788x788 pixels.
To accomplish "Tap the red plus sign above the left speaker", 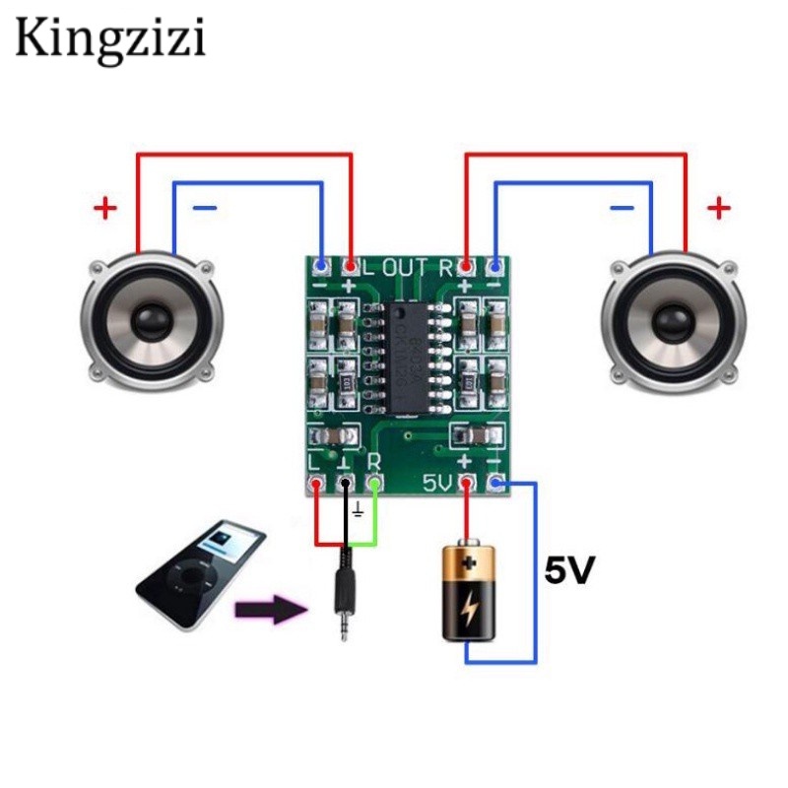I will tap(104, 208).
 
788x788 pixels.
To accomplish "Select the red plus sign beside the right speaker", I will tap(720, 208).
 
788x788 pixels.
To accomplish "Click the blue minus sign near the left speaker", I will tap(204, 209).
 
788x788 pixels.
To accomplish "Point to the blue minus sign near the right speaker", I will tap(622, 208).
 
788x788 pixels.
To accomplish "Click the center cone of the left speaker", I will tap(150, 320).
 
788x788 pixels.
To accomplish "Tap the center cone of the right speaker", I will tap(674, 320).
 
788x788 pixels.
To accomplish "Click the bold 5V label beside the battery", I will tap(570, 570).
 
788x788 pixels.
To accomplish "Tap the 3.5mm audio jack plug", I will tap(343, 591).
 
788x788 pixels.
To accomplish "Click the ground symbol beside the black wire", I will tap(359, 511).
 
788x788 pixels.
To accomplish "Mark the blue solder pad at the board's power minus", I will tap(496, 483).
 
